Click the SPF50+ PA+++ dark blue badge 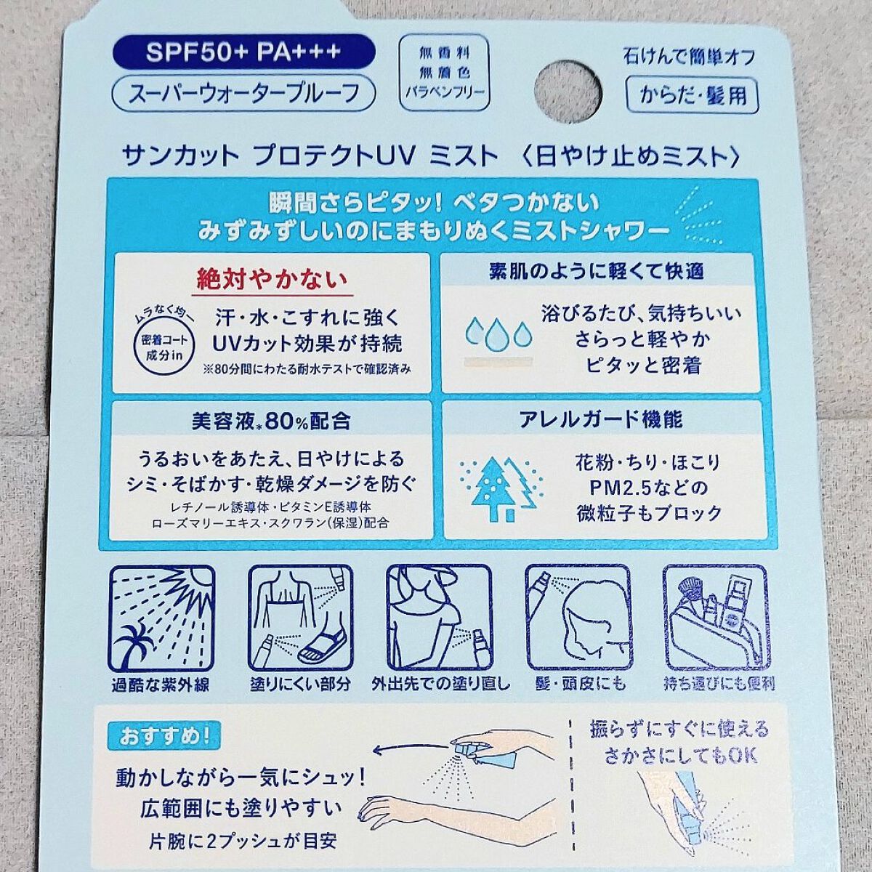point(244,52)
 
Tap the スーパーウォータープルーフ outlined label point(244,93)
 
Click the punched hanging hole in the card point(568,92)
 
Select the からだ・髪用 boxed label point(693,96)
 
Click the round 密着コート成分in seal point(163,347)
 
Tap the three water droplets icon point(498,333)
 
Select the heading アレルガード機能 point(600,419)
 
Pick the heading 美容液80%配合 point(271,421)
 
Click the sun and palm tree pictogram point(161,619)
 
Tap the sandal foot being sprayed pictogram point(301,619)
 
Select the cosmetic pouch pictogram point(716,619)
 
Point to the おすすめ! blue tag point(163,737)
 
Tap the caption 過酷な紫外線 point(161,685)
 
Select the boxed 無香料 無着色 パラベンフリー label point(444,73)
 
